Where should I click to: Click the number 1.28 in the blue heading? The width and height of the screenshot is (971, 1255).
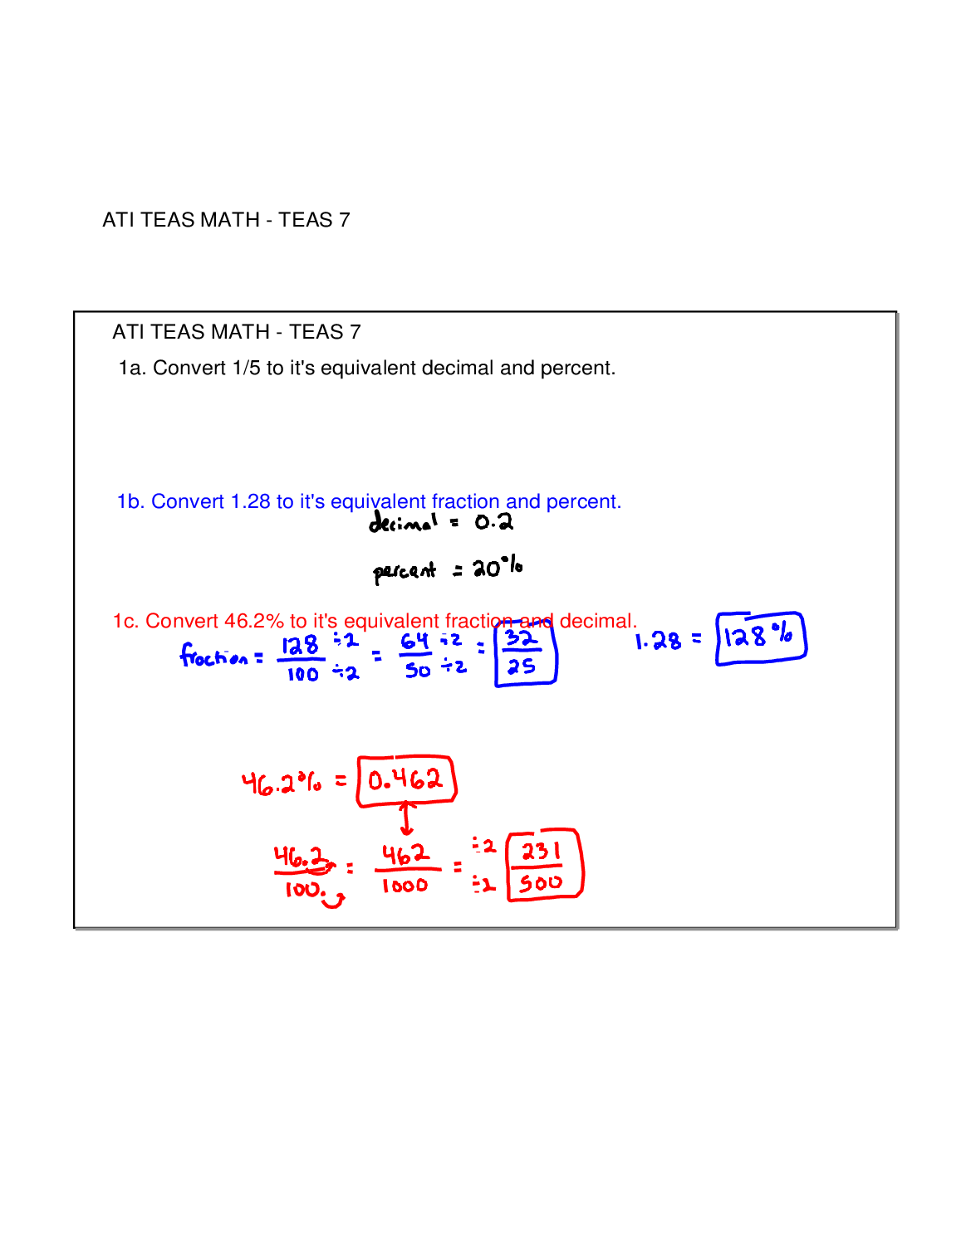pyautogui.click(x=250, y=502)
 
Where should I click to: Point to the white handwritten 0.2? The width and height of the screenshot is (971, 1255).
pyautogui.click(x=493, y=522)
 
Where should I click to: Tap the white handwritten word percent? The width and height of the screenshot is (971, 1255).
pyautogui.click(x=405, y=571)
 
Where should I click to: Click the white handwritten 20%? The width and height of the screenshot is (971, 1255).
pyautogui.click(x=497, y=568)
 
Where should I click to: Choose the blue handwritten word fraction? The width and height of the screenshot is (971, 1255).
pyautogui.click(x=214, y=657)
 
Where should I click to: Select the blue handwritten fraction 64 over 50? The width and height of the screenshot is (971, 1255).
pyautogui.click(x=416, y=656)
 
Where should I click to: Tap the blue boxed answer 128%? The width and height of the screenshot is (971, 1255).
pyautogui.click(x=760, y=638)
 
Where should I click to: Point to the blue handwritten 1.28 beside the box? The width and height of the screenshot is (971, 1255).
pyautogui.click(x=658, y=641)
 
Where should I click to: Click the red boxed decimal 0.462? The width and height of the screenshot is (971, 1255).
pyautogui.click(x=406, y=780)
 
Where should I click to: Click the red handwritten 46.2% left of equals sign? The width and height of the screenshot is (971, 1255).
pyautogui.click(x=282, y=782)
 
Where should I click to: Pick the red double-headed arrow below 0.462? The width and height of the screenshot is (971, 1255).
pyautogui.click(x=406, y=818)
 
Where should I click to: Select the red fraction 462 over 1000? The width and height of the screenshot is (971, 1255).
pyautogui.click(x=405, y=869)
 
